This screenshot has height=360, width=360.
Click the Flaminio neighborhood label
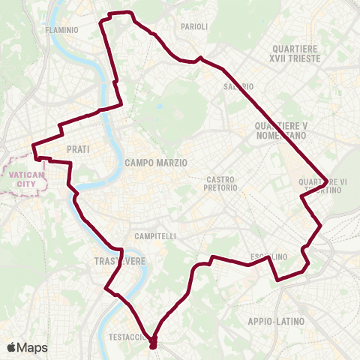click(61, 30)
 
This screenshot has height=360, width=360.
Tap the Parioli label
click(193, 26)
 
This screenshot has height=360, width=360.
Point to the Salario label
click(232, 86)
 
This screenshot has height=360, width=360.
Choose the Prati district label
click(78, 149)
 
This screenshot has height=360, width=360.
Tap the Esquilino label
click(268, 257)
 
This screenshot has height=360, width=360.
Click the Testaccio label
click(127, 337)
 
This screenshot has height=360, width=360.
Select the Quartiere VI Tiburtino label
click(322, 185)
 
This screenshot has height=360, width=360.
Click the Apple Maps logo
click(27, 347)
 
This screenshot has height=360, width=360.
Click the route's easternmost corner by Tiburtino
click(328, 180)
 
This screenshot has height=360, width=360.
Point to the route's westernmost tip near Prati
click(32, 146)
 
